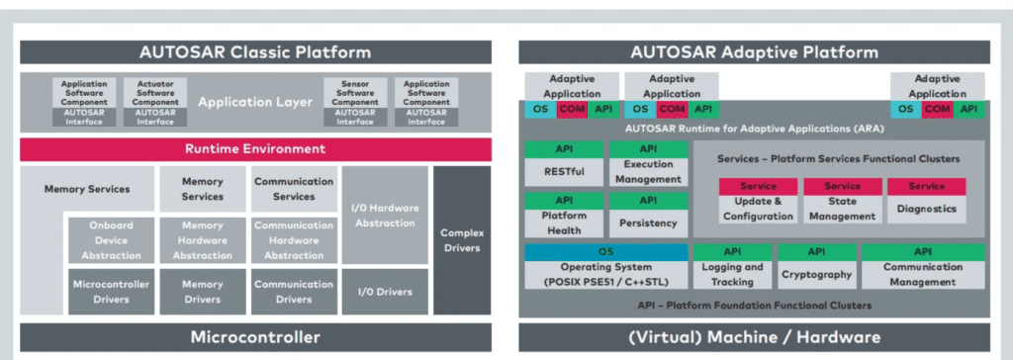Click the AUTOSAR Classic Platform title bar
[x=255, y=52]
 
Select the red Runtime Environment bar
[x=255, y=149]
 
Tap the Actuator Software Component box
[x=155, y=102]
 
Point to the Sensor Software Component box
[x=355, y=102]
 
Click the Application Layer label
[x=255, y=102]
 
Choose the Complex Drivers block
[x=461, y=239]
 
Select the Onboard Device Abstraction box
[x=110, y=239]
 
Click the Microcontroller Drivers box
[x=110, y=292]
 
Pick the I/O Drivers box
[x=385, y=292]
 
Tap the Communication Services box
[x=293, y=189]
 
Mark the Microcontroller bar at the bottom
[x=255, y=336]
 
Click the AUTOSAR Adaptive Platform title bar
[x=754, y=52]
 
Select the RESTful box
[x=563, y=170]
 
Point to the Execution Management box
[x=648, y=170]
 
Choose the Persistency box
[x=648, y=223]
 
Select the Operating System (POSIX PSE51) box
[x=606, y=274]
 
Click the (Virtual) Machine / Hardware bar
[x=754, y=336]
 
